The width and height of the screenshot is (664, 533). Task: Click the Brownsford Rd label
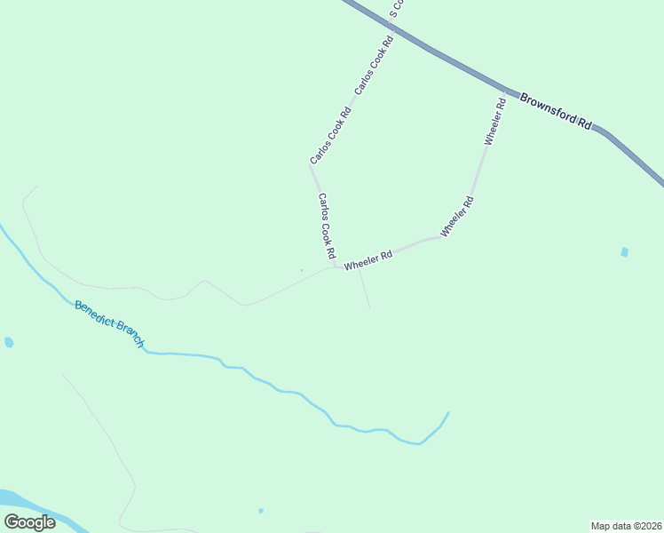coord(556,111)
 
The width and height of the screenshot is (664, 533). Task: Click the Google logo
coord(29,521)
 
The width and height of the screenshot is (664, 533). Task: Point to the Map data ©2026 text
coord(627,525)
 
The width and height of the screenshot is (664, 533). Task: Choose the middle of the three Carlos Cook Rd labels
coord(331,136)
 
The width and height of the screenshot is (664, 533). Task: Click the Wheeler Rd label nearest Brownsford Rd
coord(495,122)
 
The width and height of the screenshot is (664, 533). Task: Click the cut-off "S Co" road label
coord(398,9)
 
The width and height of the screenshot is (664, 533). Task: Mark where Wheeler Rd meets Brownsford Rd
coord(506,91)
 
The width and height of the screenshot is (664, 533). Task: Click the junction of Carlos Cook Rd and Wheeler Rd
coord(336,266)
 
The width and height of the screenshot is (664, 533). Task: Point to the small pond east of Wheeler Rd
coord(625,252)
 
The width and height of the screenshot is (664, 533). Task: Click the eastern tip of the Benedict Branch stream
coord(447,413)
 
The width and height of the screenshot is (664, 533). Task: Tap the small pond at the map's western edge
coord(9,342)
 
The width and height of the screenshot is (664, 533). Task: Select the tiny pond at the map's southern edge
coord(260,510)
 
